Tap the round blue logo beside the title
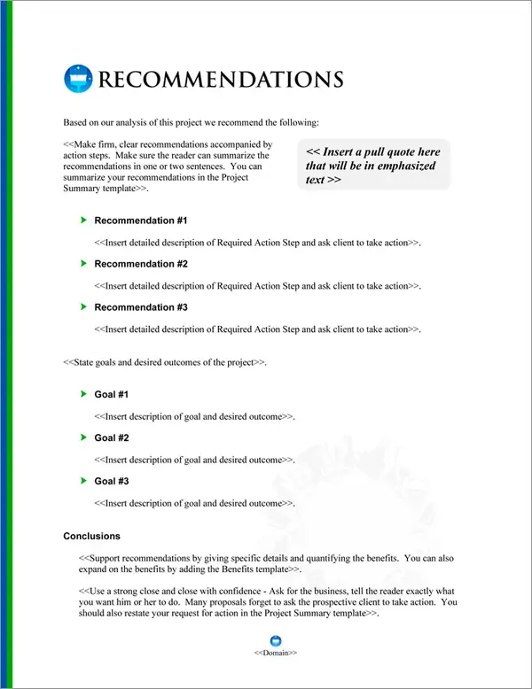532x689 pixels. (x=78, y=79)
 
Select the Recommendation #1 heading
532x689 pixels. (x=140, y=221)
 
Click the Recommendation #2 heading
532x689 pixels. (x=140, y=264)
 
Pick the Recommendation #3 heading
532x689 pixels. (x=140, y=307)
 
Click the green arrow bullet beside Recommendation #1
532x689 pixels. (x=82, y=220)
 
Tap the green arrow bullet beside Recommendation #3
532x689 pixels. (x=82, y=306)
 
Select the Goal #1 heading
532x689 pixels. (x=112, y=394)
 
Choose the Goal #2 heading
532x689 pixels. (x=112, y=437)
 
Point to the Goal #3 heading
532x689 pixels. (x=112, y=481)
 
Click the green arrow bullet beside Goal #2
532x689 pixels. (x=82, y=437)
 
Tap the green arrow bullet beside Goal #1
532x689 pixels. (x=82, y=393)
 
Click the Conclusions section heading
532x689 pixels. (x=91, y=537)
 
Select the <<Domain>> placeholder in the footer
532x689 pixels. (x=275, y=653)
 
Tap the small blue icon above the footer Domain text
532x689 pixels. (x=275, y=640)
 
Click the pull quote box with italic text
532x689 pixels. (x=373, y=165)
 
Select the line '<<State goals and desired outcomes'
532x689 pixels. (x=165, y=363)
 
